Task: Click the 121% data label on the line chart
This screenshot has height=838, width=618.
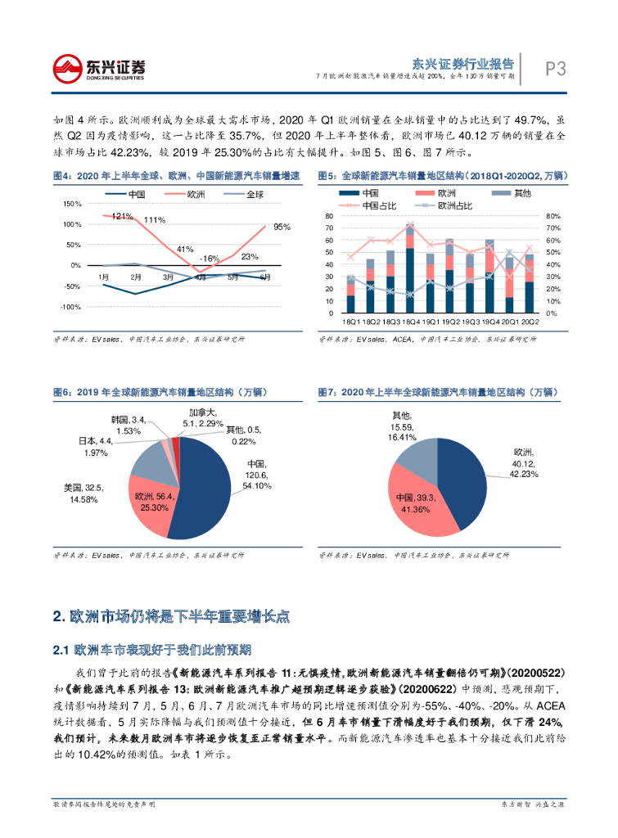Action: coord(122,217)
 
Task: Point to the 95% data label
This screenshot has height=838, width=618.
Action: coord(282,227)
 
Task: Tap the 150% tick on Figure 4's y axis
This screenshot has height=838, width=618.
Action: coord(71,204)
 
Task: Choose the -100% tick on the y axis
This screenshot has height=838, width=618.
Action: coord(70,307)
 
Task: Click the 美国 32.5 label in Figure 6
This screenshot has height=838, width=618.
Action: coord(82,493)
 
